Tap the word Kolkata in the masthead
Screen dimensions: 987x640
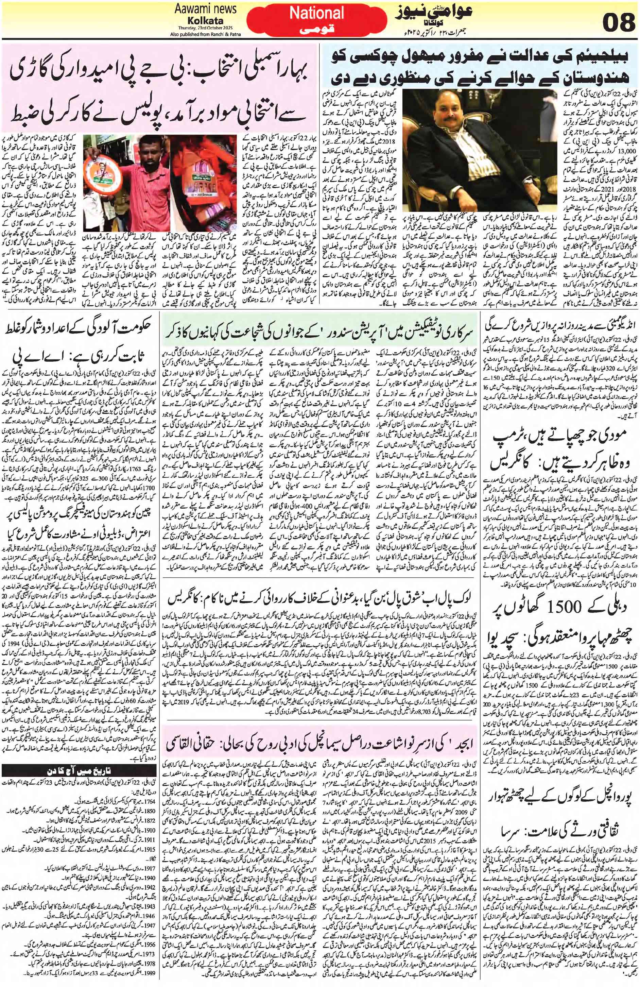[200, 20]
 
